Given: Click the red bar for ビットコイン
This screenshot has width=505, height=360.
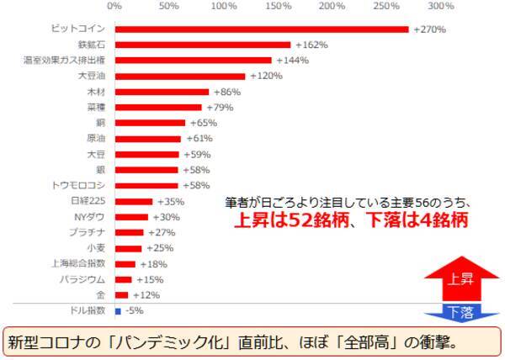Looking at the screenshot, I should [261, 29].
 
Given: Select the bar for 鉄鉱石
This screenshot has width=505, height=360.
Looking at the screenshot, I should [202, 45].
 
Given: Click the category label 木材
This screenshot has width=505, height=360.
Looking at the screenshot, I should [96, 92].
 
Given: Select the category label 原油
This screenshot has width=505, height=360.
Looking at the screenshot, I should [96, 139].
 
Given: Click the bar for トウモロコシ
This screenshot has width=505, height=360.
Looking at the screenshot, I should [146, 186].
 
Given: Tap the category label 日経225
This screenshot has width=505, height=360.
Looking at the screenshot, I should [88, 201].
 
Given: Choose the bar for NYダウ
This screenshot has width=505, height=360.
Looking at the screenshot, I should [130, 217].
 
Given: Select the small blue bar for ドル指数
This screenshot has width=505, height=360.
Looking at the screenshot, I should [118, 310].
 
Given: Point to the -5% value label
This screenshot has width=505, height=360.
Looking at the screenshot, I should [133, 310].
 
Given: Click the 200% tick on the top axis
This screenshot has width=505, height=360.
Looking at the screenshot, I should [332, 7].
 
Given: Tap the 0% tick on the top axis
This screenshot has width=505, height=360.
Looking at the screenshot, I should [114, 7].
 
